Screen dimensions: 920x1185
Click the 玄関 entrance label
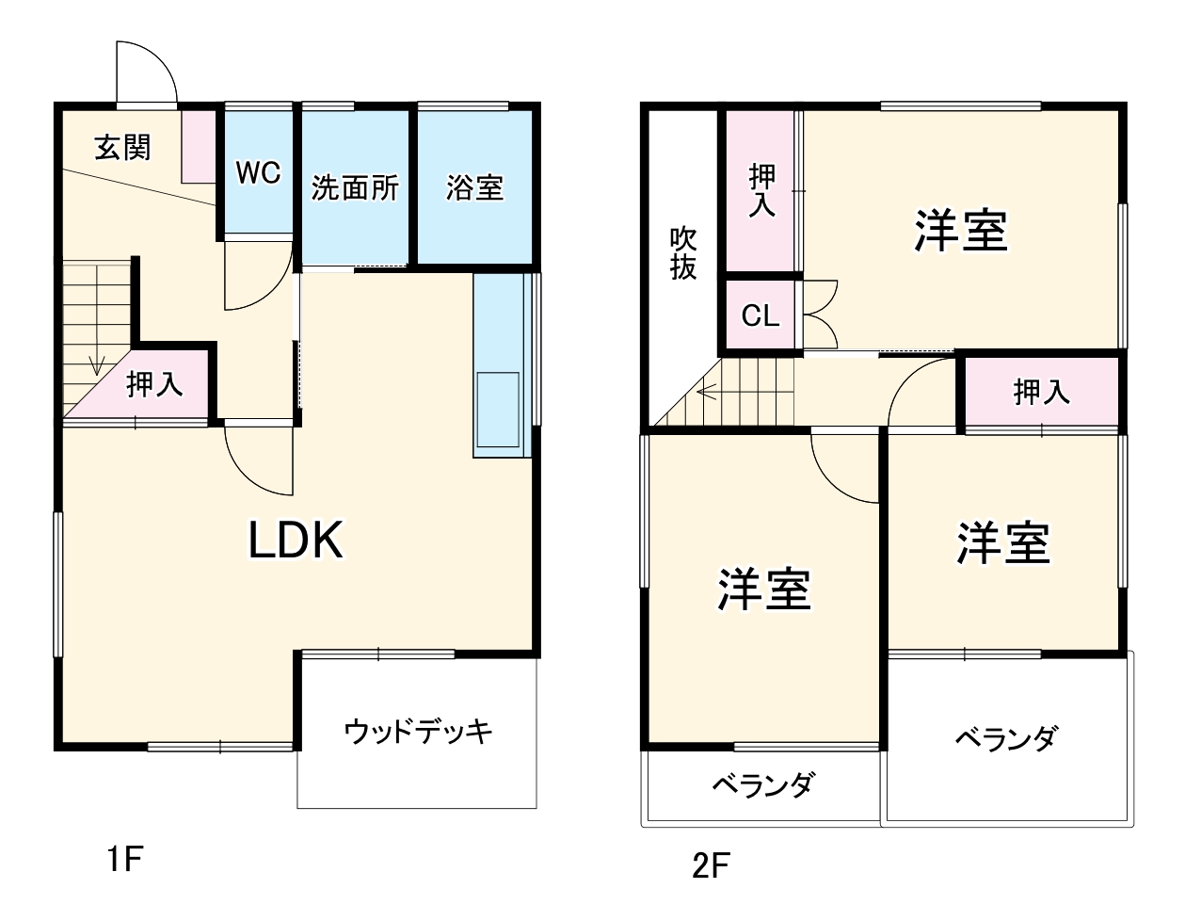[x=123, y=148]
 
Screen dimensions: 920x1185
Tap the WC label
[x=258, y=173]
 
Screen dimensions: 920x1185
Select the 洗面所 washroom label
[x=355, y=188]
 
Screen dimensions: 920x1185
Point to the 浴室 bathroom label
[x=474, y=188]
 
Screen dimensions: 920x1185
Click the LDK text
[x=295, y=541]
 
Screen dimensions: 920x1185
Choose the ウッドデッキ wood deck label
[x=418, y=732]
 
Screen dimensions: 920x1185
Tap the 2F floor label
[x=711, y=865]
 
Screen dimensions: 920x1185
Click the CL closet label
[x=761, y=315]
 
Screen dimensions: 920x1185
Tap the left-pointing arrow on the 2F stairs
[x=705, y=389]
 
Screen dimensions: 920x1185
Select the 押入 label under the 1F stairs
[x=154, y=384]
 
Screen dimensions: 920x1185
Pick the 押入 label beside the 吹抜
[x=761, y=190]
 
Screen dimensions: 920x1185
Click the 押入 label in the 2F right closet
[x=1041, y=392]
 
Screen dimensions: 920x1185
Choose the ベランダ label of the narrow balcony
[x=762, y=784]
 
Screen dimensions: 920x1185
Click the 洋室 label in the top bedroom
[x=961, y=231]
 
